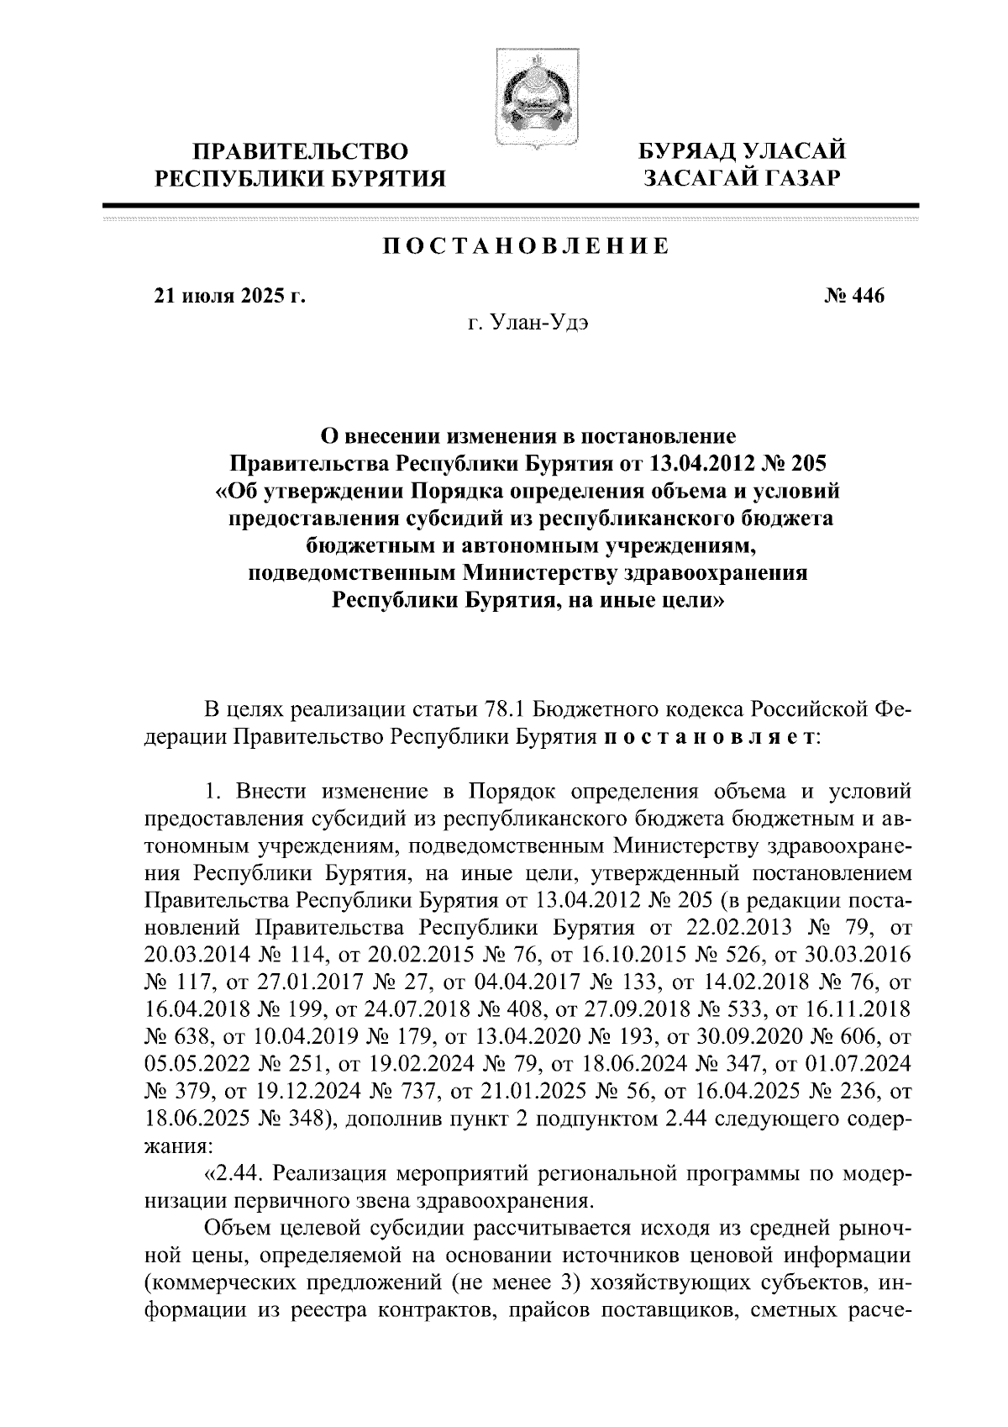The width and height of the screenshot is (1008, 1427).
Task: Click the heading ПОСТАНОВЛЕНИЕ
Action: tap(527, 246)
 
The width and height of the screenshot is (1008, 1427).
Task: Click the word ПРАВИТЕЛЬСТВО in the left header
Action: tap(302, 151)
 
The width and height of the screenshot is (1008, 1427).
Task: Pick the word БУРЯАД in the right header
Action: tap(690, 151)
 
